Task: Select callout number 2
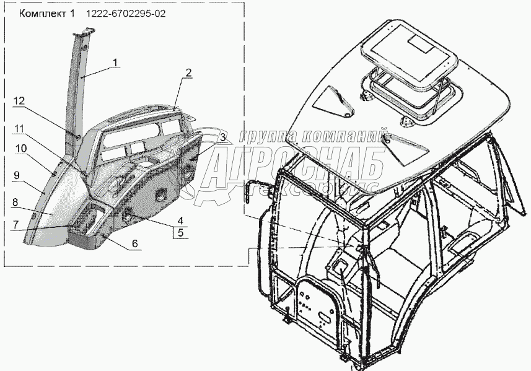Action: (188, 72)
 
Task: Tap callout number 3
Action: (222, 137)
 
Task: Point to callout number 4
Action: (180, 220)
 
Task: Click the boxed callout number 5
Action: (180, 233)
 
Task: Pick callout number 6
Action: (134, 243)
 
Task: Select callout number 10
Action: (21, 148)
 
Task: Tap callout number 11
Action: (20, 128)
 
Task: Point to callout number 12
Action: (20, 101)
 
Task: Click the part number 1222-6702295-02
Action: (126, 13)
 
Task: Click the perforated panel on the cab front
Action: (319, 307)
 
